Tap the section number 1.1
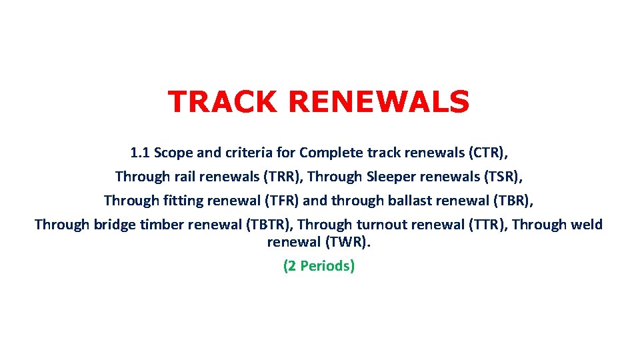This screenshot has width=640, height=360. pos(140,153)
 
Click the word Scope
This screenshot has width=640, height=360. pos(174,153)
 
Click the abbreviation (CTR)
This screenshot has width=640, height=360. pos(487,153)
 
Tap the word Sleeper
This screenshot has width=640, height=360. pos(390,177)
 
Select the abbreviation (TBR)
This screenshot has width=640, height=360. pos(514,201)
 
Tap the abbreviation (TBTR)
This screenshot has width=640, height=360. pos(270,225)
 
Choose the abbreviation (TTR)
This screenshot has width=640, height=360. pos(487,225)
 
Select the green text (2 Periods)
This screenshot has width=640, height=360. pos(319,266)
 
